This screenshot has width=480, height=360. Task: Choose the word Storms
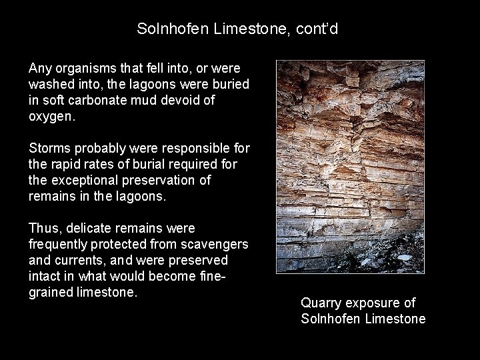49,148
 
